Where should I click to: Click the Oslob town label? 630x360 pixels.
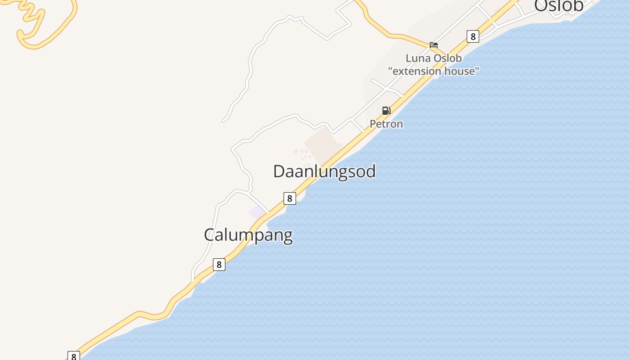click(x=558, y=5)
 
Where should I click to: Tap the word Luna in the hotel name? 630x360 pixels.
click(x=417, y=58)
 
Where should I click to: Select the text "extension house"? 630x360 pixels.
click(x=434, y=71)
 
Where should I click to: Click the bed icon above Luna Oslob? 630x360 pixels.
click(x=434, y=45)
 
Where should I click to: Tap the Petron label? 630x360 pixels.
click(x=386, y=124)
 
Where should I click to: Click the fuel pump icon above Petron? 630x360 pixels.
click(x=386, y=111)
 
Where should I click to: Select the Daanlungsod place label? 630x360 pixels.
click(x=324, y=171)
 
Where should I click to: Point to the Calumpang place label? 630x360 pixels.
click(x=248, y=235)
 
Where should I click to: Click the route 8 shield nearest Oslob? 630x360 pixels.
click(x=472, y=36)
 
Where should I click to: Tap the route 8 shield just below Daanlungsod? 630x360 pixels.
click(x=290, y=198)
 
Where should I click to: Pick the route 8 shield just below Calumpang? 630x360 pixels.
click(x=219, y=265)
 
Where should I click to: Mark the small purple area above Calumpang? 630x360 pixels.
click(x=257, y=211)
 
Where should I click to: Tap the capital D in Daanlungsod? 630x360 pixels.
click(x=279, y=171)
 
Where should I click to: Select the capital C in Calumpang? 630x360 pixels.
click(x=209, y=235)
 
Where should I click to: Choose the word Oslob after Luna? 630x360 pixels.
click(x=446, y=58)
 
